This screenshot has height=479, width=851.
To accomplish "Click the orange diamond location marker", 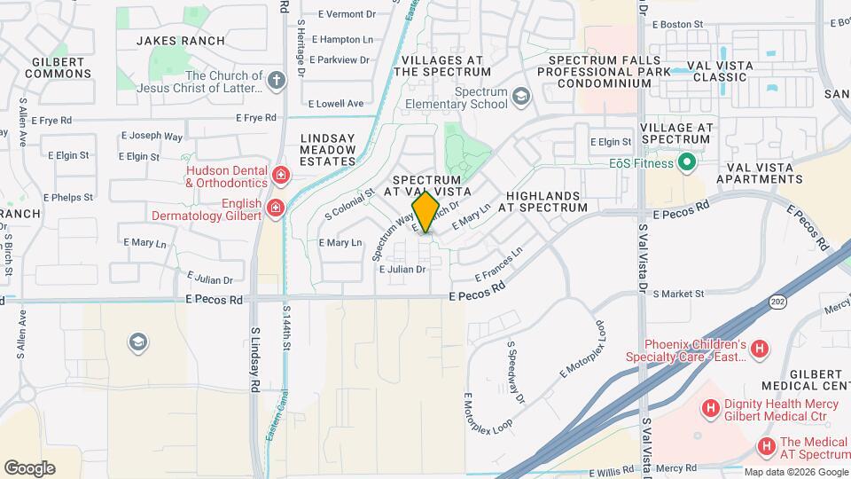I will click(425, 212).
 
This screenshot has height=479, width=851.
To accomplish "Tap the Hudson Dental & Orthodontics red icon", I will click(281, 175).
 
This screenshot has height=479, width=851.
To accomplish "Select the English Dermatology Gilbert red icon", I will click(276, 209).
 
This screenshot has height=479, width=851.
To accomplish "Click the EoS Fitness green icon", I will click(685, 162).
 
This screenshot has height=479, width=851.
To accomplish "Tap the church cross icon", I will click(277, 82).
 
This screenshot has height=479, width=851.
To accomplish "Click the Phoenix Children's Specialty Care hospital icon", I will click(759, 349).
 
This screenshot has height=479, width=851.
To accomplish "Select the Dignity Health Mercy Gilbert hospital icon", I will click(710, 408).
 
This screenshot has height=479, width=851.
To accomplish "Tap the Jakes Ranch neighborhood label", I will click(181, 41).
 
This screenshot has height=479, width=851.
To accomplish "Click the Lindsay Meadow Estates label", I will click(328, 149).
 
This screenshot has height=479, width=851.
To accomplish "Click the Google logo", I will click(29, 468).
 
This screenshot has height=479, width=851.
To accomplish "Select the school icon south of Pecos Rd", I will click(137, 342).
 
